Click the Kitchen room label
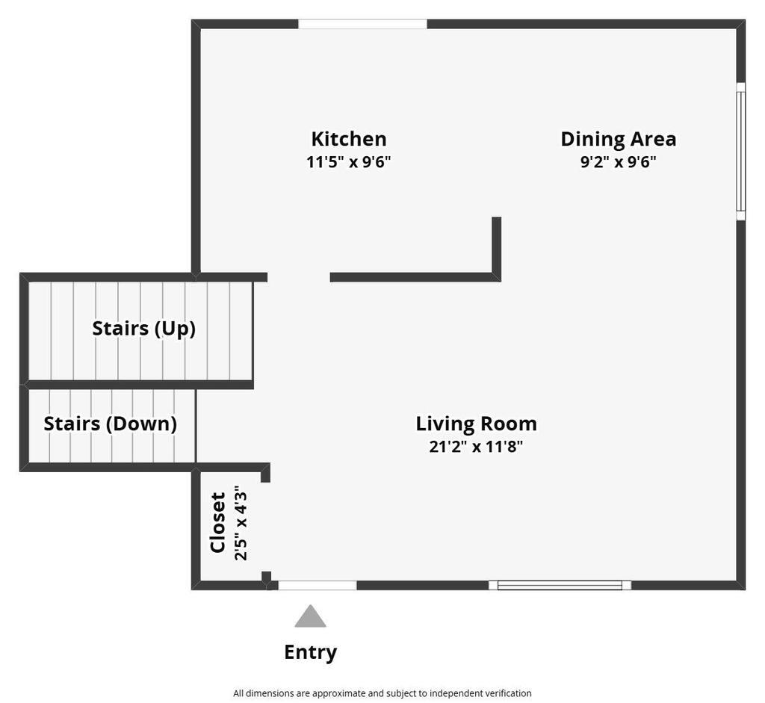point(348,139)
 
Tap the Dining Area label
point(618,139)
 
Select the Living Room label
point(476,424)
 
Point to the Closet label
point(218,522)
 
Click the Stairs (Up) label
point(143,328)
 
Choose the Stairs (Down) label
point(110,424)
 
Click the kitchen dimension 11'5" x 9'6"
point(348,161)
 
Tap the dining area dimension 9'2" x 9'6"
point(618,161)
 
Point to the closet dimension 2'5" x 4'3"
point(240,522)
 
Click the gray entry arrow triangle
point(310,617)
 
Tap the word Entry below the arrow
point(310,652)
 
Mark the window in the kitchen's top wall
point(362,24)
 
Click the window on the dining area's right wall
point(740,152)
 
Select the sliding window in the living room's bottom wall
point(560,585)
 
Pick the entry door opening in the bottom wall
point(318,585)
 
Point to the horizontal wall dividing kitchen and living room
point(411,277)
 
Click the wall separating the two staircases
point(138,385)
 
